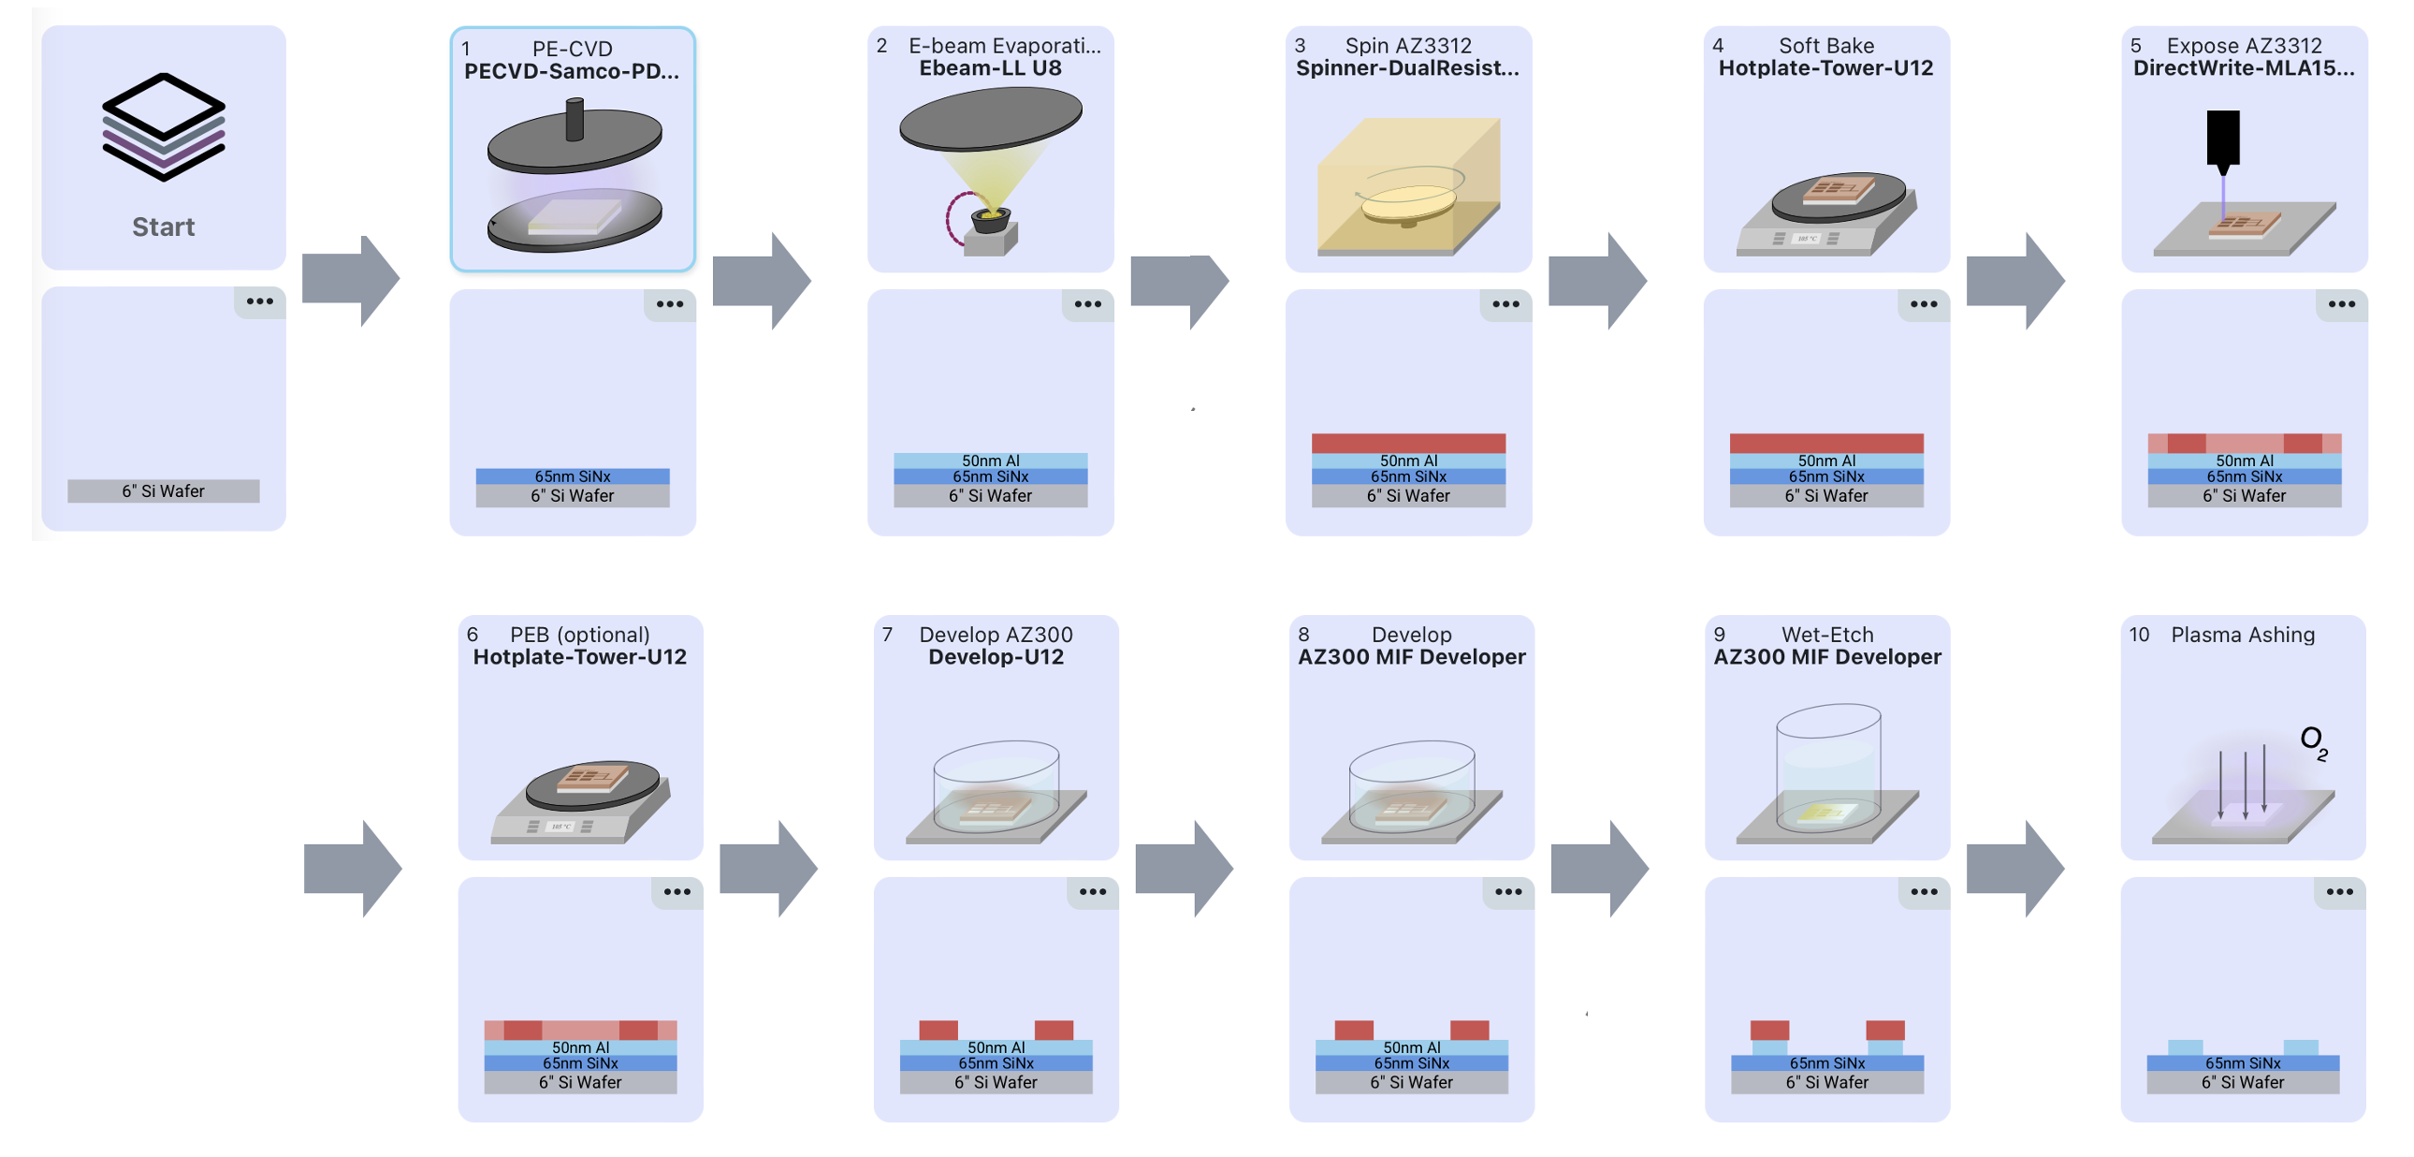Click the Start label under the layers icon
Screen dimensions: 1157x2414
(x=163, y=227)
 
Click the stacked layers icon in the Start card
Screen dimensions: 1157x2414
(x=163, y=126)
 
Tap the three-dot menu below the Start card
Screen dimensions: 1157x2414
(x=259, y=302)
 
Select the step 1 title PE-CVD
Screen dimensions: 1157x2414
(x=572, y=49)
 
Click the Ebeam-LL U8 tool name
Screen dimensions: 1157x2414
(x=990, y=68)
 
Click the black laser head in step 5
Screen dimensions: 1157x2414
(x=2223, y=139)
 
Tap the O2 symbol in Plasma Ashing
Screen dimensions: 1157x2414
(x=2313, y=741)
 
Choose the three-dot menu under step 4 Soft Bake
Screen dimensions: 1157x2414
(x=1923, y=305)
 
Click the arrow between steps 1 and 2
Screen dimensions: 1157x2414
(x=761, y=280)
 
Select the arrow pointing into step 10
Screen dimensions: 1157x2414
(x=2014, y=869)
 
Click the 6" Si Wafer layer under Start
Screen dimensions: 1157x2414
(x=163, y=491)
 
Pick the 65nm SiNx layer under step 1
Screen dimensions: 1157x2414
(x=572, y=476)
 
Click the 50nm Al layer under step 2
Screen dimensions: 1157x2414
(x=990, y=461)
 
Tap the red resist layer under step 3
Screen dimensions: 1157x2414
(x=1407, y=444)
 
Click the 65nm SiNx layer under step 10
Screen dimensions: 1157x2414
(x=2243, y=1063)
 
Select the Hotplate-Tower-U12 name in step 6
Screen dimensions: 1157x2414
(x=579, y=657)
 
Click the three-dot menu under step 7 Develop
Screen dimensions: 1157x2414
(x=1092, y=893)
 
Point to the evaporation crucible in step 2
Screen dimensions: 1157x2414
(x=990, y=221)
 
